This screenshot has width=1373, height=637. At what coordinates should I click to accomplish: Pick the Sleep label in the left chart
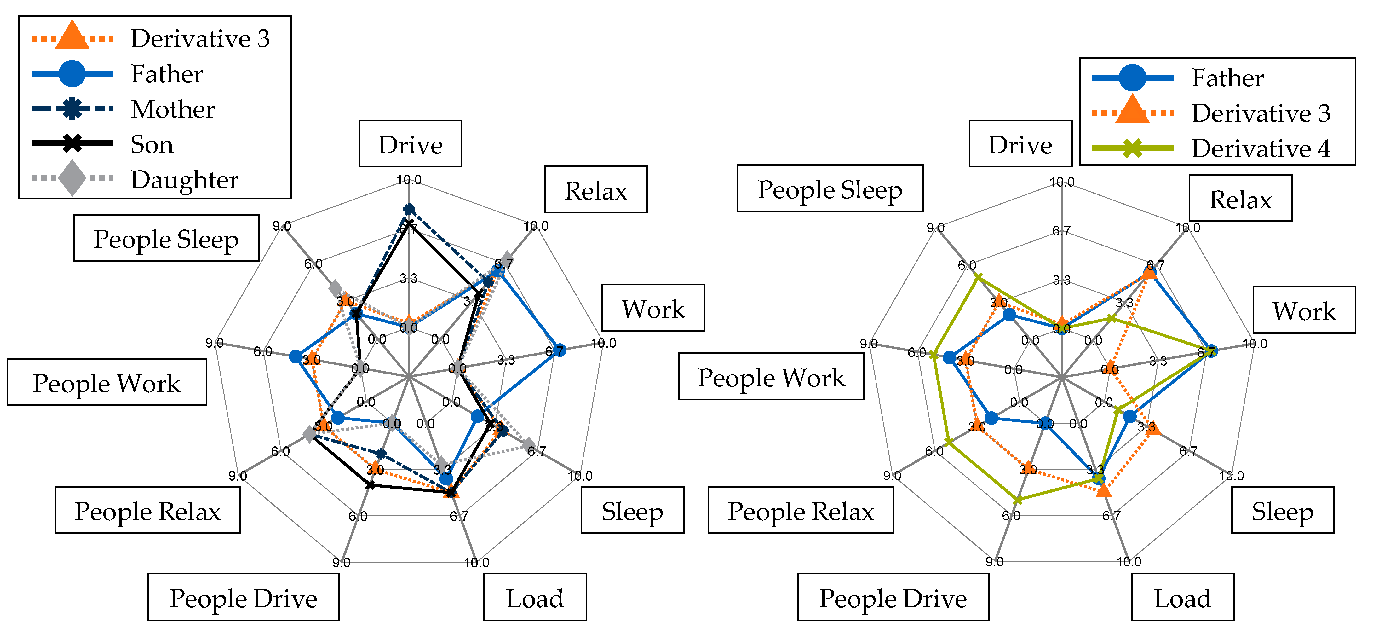pos(632,511)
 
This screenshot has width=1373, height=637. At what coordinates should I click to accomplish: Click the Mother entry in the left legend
pos(173,109)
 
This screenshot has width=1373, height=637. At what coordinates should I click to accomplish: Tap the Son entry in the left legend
pos(152,144)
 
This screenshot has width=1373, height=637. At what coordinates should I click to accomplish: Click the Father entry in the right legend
pos(1227,78)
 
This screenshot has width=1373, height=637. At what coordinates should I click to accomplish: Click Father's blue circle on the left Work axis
pos(558,349)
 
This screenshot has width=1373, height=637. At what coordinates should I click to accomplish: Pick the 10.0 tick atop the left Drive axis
pos(409,180)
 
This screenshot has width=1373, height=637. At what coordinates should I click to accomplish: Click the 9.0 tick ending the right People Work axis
pos(869,344)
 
